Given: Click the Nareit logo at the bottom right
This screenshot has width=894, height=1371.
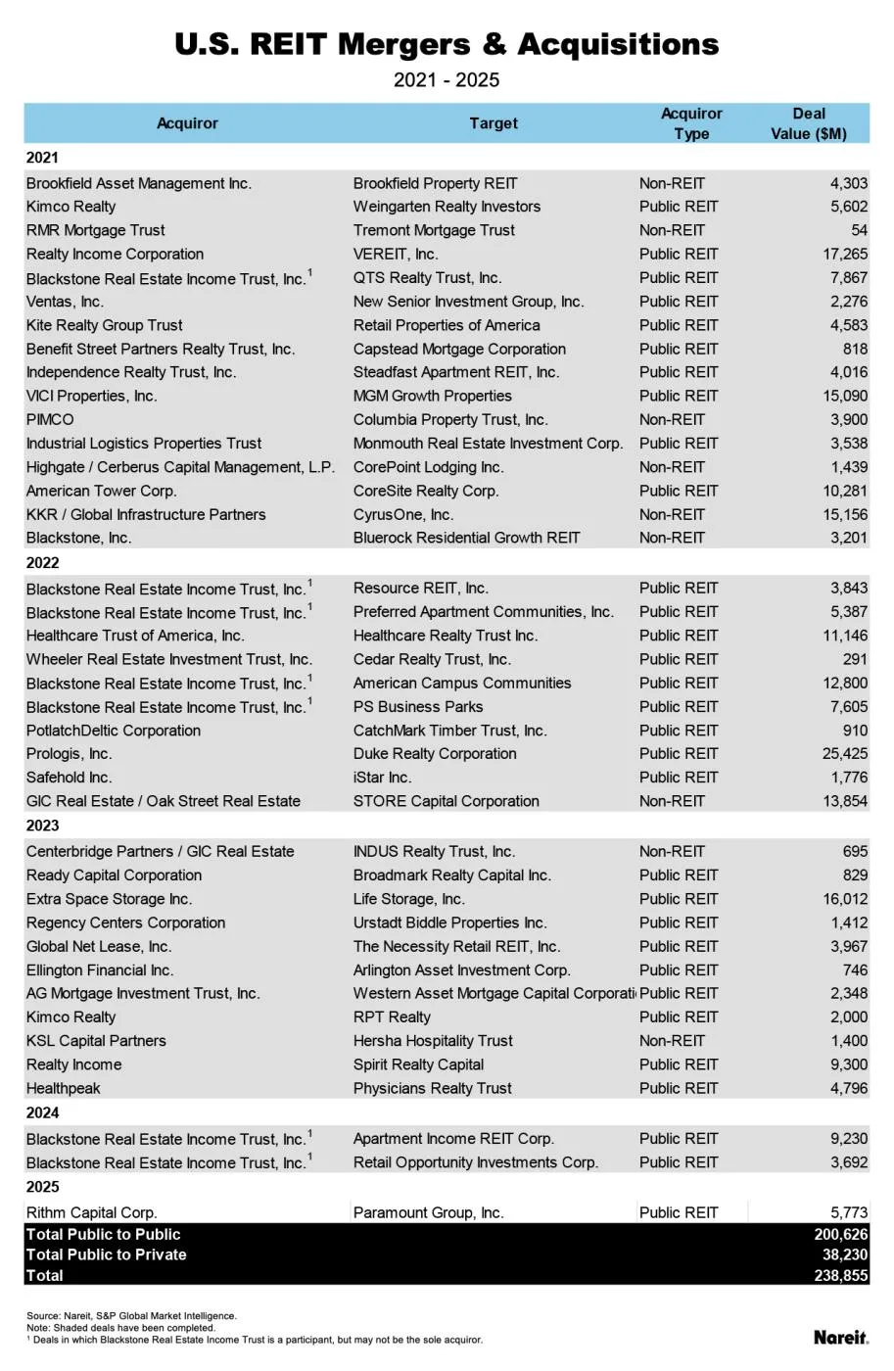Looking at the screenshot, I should tap(840, 1337).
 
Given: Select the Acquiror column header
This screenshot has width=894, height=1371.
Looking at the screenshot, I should tap(187, 123).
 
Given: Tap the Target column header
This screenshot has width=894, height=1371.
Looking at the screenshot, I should tap(493, 123).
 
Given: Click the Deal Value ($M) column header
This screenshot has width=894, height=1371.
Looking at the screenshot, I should tap(808, 123).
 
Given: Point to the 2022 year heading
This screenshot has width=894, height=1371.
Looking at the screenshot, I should tap(43, 563).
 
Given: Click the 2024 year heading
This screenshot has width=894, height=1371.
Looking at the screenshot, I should tap(43, 1112).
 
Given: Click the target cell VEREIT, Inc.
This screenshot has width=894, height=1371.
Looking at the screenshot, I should tap(396, 254).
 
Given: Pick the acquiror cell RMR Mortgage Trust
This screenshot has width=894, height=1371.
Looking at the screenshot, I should tap(95, 230).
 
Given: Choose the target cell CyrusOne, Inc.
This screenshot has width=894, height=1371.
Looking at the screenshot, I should tap(403, 514).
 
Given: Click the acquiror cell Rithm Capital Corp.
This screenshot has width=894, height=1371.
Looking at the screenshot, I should tap(91, 1212).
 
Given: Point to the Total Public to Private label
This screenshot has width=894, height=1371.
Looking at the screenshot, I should tap(106, 1254).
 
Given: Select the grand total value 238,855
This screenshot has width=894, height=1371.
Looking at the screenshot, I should tap(841, 1276).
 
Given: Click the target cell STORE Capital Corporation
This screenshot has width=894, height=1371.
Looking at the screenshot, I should tap(446, 801).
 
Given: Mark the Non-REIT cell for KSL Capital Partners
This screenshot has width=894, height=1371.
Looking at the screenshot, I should tap(672, 1041).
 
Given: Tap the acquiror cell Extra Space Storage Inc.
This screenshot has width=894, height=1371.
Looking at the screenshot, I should tap(109, 899).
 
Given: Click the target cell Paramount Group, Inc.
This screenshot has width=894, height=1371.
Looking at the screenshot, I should tap(428, 1212).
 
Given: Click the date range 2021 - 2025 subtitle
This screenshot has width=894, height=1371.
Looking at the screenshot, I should tap(447, 80).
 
